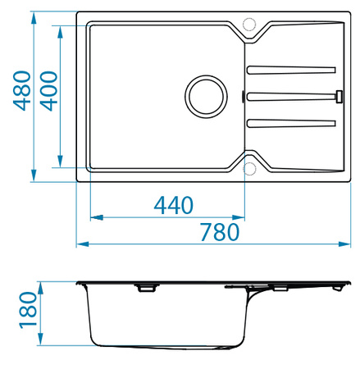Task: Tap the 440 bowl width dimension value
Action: pos(173,205)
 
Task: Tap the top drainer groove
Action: pos(291,69)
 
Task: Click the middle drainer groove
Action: pos(291,96)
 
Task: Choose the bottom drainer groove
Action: pos(291,124)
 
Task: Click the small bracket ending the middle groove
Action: pos(338,96)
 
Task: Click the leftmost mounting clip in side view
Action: pos(147,288)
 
